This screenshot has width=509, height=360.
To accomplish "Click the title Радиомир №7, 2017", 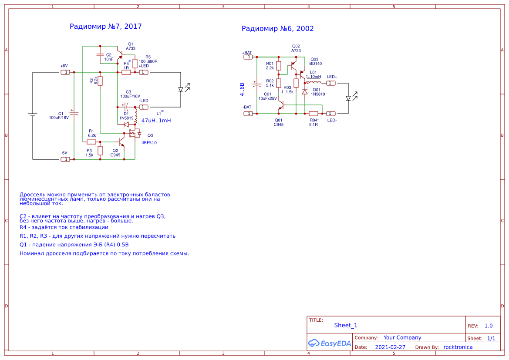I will point(105,27).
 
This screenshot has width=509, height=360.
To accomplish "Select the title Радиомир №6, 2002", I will point(277,29).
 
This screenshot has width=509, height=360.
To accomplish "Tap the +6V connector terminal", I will point(65,72).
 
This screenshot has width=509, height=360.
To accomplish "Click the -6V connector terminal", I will point(65,159).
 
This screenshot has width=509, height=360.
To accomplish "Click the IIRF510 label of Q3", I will point(149,142).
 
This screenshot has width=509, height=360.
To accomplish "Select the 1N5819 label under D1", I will point(126,118).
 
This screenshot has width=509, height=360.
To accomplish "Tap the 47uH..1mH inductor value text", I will point(156,121).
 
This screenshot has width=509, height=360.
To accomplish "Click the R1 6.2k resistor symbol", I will point(91,142).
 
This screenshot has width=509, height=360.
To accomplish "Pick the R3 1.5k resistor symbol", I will point(100,151).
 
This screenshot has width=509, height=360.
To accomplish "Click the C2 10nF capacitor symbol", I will point(100,55).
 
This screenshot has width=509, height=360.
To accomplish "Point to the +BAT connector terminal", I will point(248,57).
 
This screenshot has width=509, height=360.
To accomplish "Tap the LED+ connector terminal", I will point(331,83).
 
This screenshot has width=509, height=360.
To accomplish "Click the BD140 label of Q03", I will point(316,64).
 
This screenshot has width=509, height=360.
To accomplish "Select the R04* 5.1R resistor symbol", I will point(313,114).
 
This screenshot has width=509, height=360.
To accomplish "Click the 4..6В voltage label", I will point(243,89).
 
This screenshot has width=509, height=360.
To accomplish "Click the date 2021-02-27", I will point(390,347).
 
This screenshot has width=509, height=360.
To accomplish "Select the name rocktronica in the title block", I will point(458,347).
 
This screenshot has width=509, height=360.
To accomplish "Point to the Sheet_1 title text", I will point(346,325).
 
